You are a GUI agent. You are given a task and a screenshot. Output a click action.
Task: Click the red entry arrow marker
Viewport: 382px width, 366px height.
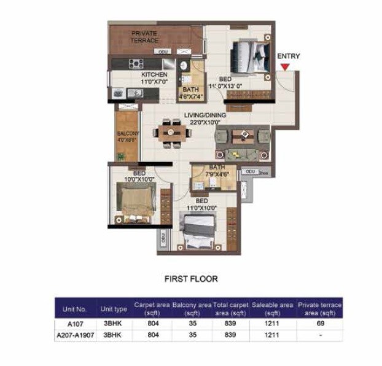[285, 66]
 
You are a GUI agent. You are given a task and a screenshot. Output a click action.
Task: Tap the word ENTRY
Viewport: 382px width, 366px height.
[288, 56]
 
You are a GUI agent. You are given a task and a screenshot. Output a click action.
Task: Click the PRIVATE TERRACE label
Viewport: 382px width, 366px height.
[144, 37]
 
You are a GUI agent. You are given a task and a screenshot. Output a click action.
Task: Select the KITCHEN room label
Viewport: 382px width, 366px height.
[154, 74]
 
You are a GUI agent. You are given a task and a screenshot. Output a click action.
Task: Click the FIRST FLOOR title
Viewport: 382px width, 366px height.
[190, 278]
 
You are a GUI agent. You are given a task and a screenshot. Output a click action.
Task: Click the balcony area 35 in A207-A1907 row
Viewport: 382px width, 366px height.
[192, 335]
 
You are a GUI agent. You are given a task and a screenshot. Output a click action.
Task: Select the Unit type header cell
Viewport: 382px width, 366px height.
[114, 309]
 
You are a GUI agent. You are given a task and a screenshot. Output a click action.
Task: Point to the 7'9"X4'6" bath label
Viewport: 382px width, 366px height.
[217, 170]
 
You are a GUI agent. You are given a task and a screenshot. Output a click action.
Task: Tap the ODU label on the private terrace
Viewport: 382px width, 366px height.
[163, 52]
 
